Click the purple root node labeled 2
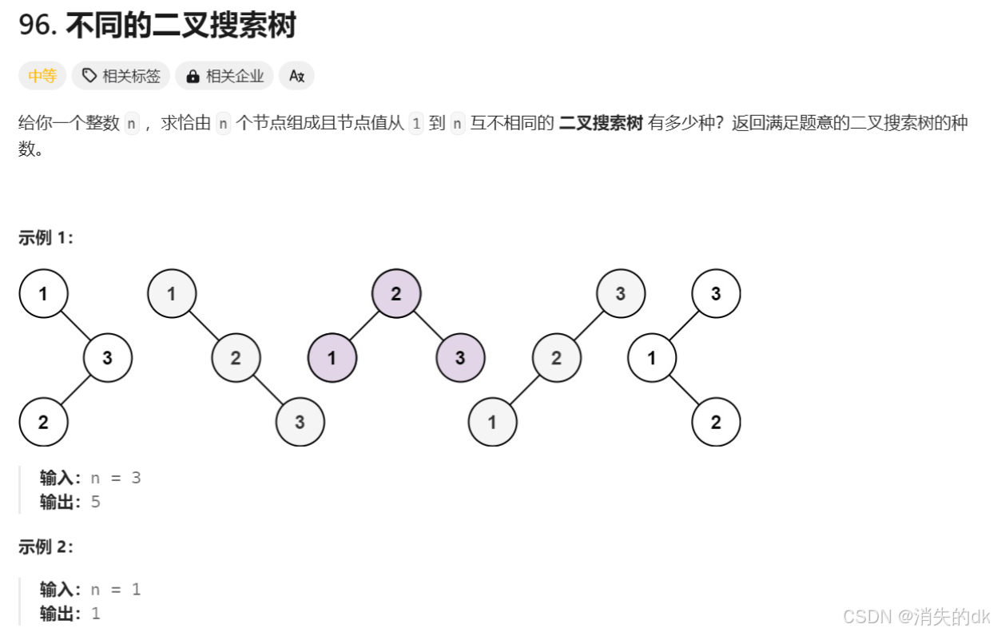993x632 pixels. click(395, 294)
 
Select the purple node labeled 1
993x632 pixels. click(332, 357)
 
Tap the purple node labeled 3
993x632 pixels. click(460, 357)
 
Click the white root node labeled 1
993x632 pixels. click(43, 294)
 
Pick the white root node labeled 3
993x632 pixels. click(716, 294)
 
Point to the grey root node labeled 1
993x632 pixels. click(172, 294)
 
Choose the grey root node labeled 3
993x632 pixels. click(621, 294)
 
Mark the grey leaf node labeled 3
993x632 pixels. click(300, 421)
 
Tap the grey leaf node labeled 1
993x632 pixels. click(492, 421)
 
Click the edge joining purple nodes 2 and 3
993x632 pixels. click(427, 325)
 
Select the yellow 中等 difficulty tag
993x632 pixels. click(42, 76)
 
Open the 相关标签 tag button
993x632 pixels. click(121, 76)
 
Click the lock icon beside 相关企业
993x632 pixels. click(193, 77)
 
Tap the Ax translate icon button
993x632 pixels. click(296, 76)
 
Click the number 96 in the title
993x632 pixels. click(36, 26)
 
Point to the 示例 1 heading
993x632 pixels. click(46, 237)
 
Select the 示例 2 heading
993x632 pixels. click(46, 547)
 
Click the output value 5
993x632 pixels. click(96, 503)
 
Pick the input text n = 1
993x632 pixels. click(115, 590)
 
